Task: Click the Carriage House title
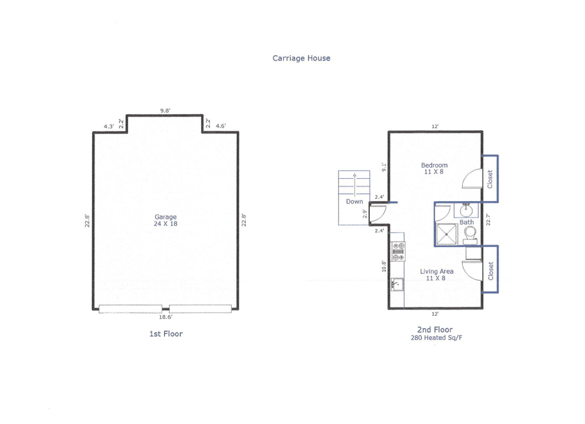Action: point(301,58)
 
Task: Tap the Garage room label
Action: point(165,217)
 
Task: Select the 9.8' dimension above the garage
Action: point(165,111)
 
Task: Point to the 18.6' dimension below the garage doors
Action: point(166,317)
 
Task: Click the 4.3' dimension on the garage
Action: point(109,126)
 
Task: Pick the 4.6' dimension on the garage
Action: point(221,126)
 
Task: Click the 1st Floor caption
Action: point(166,333)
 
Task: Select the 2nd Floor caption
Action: point(435,329)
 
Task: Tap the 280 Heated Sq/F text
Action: point(436,338)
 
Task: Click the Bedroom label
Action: point(434,165)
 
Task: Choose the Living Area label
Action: point(436,271)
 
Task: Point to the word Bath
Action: point(467,222)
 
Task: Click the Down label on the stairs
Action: point(355,202)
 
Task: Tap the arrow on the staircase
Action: point(355,184)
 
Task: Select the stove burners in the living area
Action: point(397,252)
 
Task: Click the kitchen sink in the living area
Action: point(397,285)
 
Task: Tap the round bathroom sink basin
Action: point(466,211)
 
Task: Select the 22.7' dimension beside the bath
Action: point(488,219)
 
